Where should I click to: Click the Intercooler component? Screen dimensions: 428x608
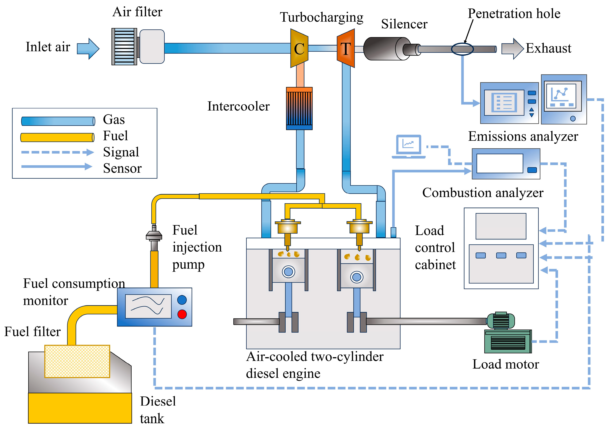coord(299,108)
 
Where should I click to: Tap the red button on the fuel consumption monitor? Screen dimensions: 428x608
coord(182,314)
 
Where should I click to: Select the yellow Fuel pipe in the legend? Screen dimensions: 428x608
coord(57,137)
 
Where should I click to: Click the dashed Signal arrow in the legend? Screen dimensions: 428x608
coord(57,152)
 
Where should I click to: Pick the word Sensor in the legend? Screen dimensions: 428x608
coord(122,168)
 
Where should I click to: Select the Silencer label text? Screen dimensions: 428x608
coord(404,24)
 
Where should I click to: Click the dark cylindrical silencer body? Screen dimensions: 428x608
coord(384,49)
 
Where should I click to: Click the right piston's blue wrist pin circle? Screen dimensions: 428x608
coord(357,277)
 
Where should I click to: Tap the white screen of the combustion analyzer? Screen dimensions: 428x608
coord(500,163)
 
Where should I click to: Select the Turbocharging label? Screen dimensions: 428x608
coord(322,17)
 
